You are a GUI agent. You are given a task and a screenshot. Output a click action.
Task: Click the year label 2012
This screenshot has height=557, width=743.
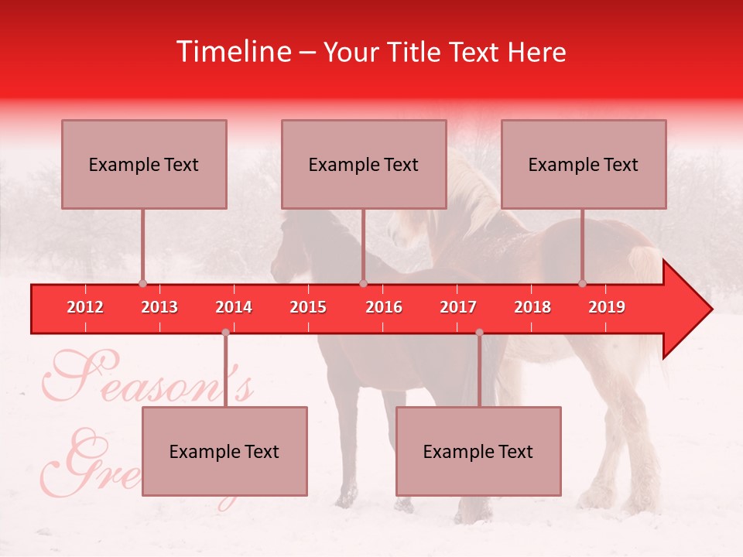[x=85, y=307]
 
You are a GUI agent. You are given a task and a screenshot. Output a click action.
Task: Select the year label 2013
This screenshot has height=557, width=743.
[x=159, y=307]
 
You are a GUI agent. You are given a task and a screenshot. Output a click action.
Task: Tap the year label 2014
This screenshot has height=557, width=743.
[x=234, y=307]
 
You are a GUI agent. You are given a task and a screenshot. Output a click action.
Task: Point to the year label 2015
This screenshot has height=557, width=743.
[x=308, y=307]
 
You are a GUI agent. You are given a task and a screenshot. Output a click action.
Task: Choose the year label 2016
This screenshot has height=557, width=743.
[x=384, y=307]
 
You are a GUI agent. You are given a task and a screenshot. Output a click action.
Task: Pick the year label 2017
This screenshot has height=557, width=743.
[x=458, y=307]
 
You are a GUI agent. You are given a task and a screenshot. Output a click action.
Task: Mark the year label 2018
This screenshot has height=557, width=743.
[x=532, y=307]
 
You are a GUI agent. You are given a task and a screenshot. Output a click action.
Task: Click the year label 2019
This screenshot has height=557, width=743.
[x=607, y=307]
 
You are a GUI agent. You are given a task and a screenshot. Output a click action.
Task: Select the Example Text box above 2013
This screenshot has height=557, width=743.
[x=144, y=164]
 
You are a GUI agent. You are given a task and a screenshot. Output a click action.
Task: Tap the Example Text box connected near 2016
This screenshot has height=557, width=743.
[x=364, y=164]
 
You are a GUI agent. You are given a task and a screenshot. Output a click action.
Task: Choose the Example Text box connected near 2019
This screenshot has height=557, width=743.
[x=584, y=164]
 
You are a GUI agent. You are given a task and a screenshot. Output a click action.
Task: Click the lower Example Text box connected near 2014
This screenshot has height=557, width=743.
[x=224, y=451]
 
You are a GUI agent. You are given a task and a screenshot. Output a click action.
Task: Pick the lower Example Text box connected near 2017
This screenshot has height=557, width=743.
[x=478, y=451]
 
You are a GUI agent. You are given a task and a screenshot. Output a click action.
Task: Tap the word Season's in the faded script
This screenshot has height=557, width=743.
[x=147, y=379]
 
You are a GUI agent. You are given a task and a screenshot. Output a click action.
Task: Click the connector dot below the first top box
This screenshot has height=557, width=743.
[x=142, y=283]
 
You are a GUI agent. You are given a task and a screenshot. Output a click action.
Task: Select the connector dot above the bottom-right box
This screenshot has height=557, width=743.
[x=479, y=333]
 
